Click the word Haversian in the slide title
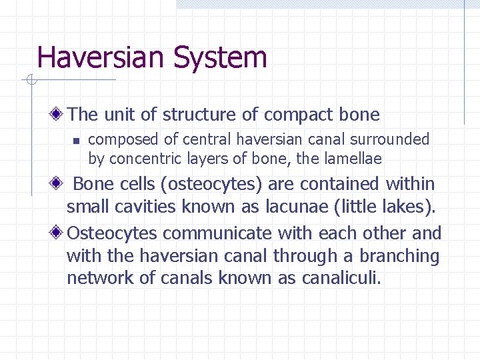pos(102,57)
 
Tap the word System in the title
pos(220,59)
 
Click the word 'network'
pos(100,278)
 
